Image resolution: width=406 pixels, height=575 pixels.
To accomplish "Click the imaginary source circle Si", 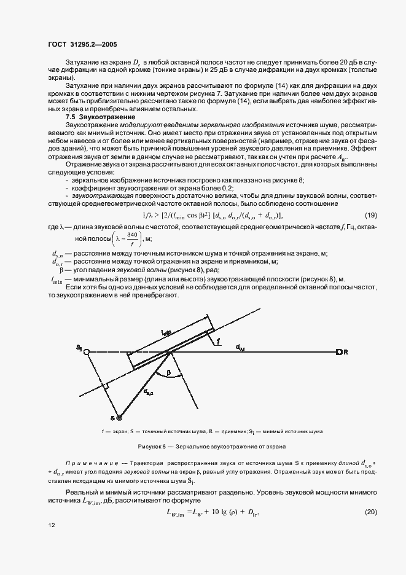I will [x=87, y=352].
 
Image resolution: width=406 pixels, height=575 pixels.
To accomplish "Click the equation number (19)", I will [x=370, y=214].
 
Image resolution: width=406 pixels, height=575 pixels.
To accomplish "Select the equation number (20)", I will [x=370, y=512].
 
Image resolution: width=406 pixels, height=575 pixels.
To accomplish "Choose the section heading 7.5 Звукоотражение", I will [x=101, y=117].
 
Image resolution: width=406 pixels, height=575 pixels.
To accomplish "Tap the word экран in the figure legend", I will [x=119, y=431].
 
